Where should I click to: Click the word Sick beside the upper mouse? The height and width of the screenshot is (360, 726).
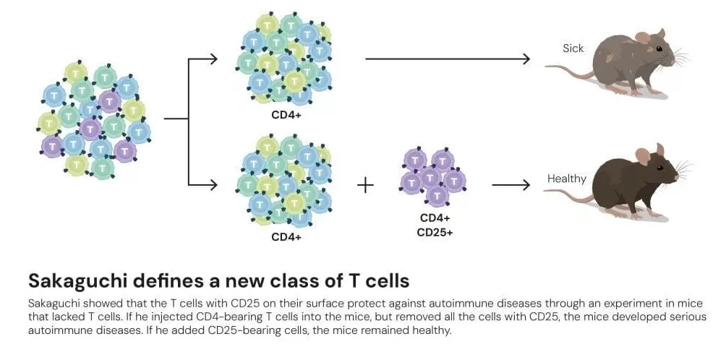tap(573, 48)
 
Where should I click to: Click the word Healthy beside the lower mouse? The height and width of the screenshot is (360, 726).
tap(567, 179)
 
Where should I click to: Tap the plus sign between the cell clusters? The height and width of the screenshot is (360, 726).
tap(366, 185)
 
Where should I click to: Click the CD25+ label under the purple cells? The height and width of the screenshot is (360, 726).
tap(435, 232)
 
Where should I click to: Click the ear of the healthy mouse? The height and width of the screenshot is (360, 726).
tap(642, 155)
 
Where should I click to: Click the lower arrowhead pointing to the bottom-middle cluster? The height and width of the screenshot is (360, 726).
tap(213, 185)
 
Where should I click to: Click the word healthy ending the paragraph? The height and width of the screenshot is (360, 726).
tap(431, 330)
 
